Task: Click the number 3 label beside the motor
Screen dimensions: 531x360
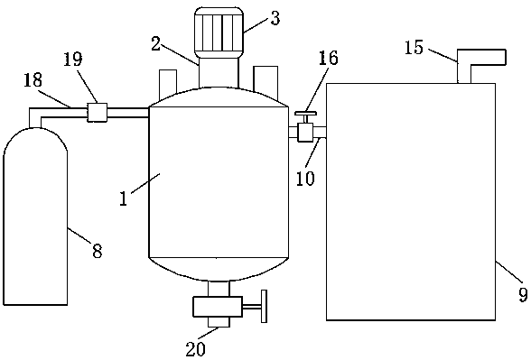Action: [x=275, y=18]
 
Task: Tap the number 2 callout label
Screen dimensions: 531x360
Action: [x=155, y=44]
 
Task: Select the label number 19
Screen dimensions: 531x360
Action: [x=73, y=60]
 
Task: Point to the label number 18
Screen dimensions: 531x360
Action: [x=33, y=80]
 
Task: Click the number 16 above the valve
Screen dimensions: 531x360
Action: [x=328, y=58]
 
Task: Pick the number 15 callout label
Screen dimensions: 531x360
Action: [x=415, y=47]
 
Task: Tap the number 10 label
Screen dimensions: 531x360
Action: [x=305, y=179]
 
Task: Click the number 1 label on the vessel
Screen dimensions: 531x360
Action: [x=124, y=198]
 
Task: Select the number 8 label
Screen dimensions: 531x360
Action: [x=98, y=252]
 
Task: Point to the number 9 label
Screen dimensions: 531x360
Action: [x=523, y=295]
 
